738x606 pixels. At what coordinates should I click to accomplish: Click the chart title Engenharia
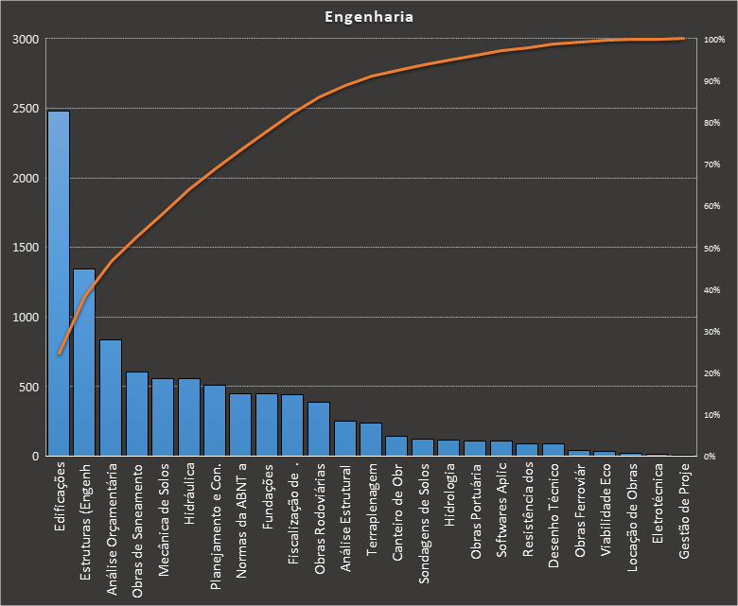click(x=369, y=17)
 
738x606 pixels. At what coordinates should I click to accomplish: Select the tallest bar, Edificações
click(x=59, y=284)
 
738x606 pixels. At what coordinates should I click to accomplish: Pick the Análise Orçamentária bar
click(x=111, y=398)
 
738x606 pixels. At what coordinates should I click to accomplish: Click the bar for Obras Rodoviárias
click(x=319, y=429)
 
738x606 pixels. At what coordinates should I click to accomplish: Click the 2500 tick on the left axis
click(x=26, y=109)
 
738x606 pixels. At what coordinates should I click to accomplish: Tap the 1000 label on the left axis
click(x=26, y=318)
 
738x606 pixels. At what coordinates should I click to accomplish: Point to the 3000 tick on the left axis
click(x=26, y=40)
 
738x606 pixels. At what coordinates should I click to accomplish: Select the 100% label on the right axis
click(x=713, y=40)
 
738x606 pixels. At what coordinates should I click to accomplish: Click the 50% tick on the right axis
click(x=711, y=248)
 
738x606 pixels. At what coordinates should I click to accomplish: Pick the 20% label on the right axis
click(x=711, y=373)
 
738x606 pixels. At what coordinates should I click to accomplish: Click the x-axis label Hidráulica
click(x=190, y=493)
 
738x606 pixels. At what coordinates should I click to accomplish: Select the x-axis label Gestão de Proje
click(x=684, y=510)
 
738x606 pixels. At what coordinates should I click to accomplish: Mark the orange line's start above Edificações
click(x=59, y=354)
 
